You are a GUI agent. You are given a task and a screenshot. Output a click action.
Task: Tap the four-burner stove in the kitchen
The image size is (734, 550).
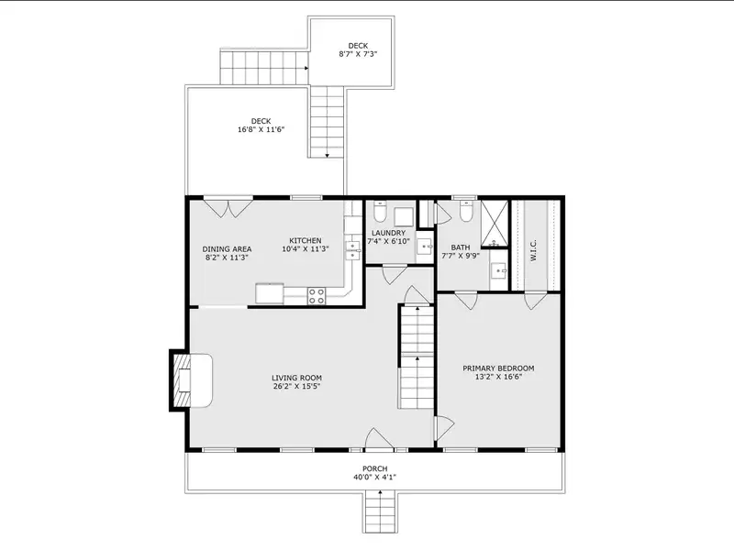[317, 296]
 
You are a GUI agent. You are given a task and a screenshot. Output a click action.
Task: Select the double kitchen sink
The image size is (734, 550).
[352, 250]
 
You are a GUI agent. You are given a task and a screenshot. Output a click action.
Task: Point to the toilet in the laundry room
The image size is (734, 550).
[380, 213]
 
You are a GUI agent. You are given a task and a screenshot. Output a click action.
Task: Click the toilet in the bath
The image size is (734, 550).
[465, 212]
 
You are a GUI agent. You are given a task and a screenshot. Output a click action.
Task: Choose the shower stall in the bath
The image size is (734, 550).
[495, 223]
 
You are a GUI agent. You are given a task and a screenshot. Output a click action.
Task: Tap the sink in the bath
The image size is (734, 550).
[499, 270]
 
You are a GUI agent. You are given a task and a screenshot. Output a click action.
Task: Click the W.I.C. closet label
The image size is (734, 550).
[534, 250]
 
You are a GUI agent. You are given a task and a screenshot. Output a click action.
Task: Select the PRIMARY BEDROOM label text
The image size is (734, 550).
[498, 368]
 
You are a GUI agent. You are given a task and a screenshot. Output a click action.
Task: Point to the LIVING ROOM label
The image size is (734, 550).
[296, 378]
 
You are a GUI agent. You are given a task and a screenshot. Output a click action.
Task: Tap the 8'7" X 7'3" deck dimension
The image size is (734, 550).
[358, 54]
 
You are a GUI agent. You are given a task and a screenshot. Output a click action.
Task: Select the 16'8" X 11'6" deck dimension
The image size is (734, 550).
[261, 129]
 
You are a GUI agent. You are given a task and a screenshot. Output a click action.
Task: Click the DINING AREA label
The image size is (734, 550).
[227, 249]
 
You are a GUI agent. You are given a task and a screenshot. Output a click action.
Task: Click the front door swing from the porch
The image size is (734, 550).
[379, 438]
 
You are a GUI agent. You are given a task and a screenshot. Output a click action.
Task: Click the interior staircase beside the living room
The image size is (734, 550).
[417, 357]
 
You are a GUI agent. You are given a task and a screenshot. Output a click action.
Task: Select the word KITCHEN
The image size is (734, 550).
[306, 240]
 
